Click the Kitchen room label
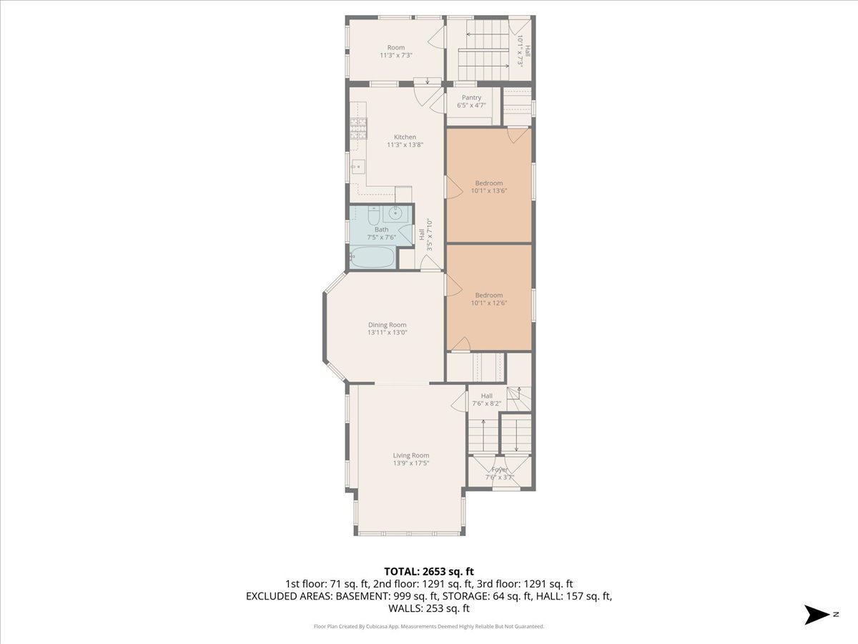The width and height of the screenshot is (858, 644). [405, 137]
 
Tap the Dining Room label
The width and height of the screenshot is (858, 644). [387, 325]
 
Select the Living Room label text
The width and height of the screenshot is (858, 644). [411, 455]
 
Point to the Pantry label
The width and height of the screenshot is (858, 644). [471, 97]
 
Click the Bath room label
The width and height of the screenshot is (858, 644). [382, 230]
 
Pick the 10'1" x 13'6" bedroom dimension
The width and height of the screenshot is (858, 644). [489, 191]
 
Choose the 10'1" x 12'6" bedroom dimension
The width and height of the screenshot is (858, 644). [489, 303]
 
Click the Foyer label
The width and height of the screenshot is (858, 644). [500, 469]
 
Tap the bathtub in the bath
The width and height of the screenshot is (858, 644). [372, 257]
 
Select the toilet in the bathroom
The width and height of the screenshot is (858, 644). [374, 216]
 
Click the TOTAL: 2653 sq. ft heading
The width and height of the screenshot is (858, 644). [429, 572]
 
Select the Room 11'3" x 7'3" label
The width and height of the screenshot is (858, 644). [396, 52]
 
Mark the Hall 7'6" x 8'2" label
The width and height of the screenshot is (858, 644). [487, 399]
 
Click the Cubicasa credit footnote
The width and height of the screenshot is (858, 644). [429, 626]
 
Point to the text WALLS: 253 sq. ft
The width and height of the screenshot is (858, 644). [429, 608]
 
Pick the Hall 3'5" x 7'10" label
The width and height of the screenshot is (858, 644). [425, 235]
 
